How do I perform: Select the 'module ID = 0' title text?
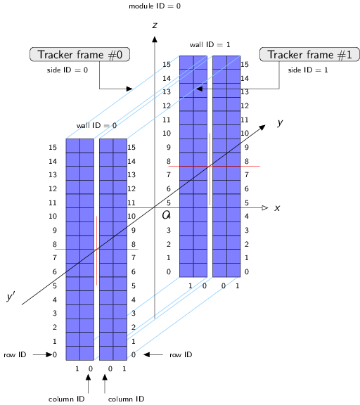click(x=155, y=6)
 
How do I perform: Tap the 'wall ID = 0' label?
click(x=96, y=125)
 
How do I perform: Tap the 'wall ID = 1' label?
click(x=210, y=44)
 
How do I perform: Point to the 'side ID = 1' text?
click(x=308, y=70)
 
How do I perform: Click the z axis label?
click(x=154, y=25)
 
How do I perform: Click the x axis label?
click(x=278, y=208)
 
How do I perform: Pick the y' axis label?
click(x=11, y=297)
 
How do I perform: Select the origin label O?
click(x=167, y=215)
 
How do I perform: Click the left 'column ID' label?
click(x=66, y=399)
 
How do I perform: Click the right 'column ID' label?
click(x=126, y=399)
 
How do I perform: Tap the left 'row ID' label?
click(x=15, y=355)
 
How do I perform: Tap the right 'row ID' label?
click(x=181, y=355)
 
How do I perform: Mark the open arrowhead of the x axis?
click(x=264, y=208)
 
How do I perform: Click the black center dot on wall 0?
click(x=96, y=249)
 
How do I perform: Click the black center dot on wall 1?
click(x=210, y=166)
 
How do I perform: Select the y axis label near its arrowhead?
click(x=280, y=122)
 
